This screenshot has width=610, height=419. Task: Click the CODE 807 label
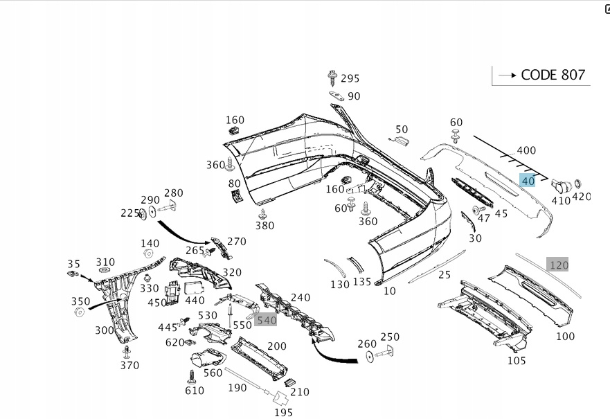553,75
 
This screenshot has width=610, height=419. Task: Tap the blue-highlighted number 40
528,181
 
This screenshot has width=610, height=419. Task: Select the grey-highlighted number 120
558,265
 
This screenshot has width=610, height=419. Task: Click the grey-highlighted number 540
266,320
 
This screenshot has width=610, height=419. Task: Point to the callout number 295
350,78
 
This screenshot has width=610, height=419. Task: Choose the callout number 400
526,150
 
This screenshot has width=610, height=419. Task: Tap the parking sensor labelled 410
561,186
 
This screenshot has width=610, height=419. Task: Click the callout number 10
390,291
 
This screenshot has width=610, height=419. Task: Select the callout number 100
565,337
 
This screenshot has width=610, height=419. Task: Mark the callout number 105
517,360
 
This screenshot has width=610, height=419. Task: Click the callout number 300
104,330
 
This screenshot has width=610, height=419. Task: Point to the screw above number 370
126,352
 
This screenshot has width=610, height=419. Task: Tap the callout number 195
282,413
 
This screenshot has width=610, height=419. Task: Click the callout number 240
300,297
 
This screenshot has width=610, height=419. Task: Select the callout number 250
390,337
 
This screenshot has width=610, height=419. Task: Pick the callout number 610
195,391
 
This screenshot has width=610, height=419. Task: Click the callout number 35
73,264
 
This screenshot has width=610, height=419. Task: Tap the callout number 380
264,225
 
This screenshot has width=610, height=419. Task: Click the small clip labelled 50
400,141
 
